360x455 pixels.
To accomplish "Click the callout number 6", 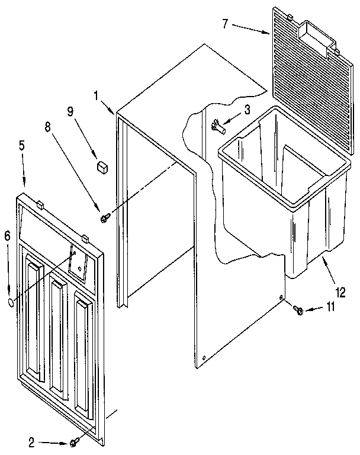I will (x=7, y=236).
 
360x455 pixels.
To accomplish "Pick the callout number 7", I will (x=224, y=24).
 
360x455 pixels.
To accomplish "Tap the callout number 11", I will (x=330, y=307).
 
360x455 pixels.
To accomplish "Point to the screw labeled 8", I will (x=105, y=219).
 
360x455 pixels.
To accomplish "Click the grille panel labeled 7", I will (x=302, y=77).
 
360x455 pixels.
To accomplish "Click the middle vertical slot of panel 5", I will (x=57, y=335).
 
